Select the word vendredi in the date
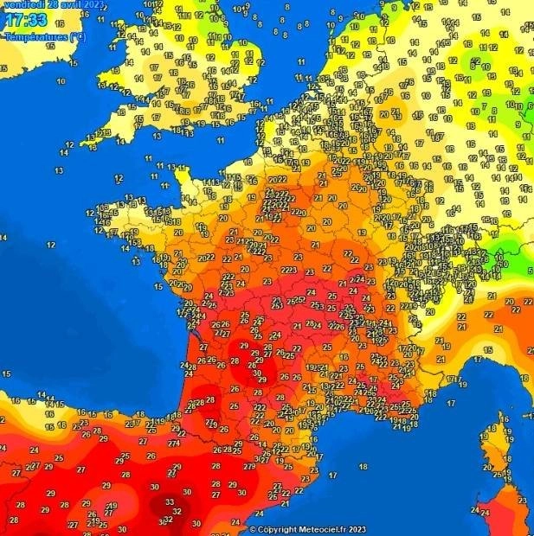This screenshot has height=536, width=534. point(19,3)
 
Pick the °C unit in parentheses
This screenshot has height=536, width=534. point(77,36)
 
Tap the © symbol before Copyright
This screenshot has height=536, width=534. point(254,529)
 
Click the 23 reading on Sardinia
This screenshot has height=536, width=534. point(522,501)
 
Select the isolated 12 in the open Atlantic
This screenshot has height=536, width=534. point(51,246)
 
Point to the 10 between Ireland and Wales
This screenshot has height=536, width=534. point(61,81)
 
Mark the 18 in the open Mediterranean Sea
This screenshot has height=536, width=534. point(364,466)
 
